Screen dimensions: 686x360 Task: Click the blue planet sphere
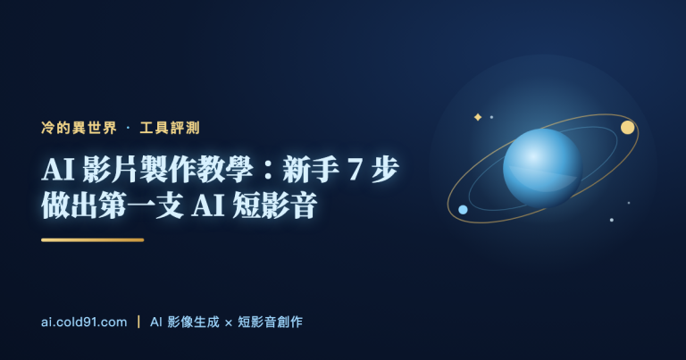pos(542,169)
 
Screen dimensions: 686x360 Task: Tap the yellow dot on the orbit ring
pos(628,127)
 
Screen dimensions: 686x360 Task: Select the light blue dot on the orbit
pos(463,210)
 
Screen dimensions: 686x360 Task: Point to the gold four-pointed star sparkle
pos(478,117)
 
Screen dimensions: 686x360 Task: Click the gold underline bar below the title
pos(92,239)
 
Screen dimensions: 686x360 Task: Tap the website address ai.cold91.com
pos(84,322)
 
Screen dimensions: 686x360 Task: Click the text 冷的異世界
pos(79,128)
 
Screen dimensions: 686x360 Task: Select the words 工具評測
pos(170,128)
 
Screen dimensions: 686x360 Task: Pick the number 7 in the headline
pos(355,170)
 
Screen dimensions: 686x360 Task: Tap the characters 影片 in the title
pos(110,170)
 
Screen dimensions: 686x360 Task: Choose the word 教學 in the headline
pos(225,170)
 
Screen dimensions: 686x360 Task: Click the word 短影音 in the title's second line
pos(275,205)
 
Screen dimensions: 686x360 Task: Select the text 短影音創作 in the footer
pos(270,322)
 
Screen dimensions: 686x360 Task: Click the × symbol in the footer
pos(228,322)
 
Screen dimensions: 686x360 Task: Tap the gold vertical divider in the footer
pos(138,322)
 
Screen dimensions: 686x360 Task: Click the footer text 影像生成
pos(193,322)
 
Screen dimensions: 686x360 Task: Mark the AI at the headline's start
pos(58,170)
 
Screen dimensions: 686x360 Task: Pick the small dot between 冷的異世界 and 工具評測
pos(129,128)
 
